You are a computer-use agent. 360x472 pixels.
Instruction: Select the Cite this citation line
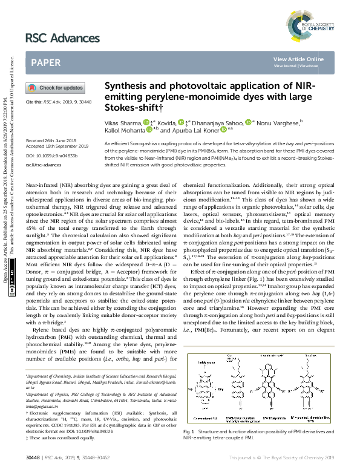tap(55, 102)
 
